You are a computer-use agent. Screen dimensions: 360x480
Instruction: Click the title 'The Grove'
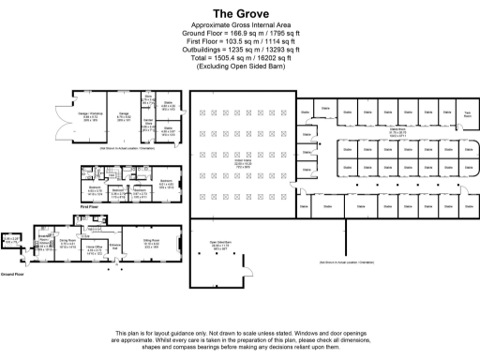tap(239, 14)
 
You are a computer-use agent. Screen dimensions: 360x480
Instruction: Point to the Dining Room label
tap(68, 243)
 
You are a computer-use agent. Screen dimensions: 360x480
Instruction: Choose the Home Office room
tap(95, 248)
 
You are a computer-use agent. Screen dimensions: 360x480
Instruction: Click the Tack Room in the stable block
tap(467, 114)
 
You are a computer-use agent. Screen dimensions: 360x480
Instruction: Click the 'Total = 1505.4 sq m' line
tap(239, 60)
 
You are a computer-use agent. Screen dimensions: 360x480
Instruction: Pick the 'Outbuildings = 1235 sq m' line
tap(239, 52)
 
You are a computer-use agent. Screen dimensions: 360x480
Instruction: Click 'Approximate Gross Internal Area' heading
tap(239, 29)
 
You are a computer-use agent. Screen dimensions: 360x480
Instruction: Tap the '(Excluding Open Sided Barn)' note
tap(239, 67)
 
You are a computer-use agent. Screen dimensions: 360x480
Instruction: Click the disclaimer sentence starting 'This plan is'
tap(239, 334)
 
